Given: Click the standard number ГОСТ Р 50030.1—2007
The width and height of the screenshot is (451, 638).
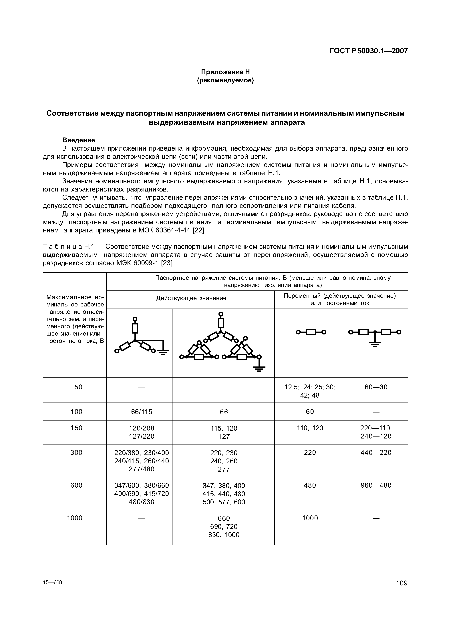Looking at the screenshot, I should coord(368,51).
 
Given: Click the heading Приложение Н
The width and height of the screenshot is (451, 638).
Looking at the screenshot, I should coord(225,72).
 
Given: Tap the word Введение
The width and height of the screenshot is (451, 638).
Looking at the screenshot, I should coord(78,140).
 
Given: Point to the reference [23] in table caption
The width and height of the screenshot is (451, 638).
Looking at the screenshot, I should coord(167,263).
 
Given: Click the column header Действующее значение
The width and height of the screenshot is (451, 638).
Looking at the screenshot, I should coord(191,298).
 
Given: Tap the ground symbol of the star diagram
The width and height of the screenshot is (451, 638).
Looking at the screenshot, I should coord(163,352).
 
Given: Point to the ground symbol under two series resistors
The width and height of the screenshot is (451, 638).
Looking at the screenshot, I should coord(375,345).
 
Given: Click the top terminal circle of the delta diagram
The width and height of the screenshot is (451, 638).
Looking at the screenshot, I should coord(221,314).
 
